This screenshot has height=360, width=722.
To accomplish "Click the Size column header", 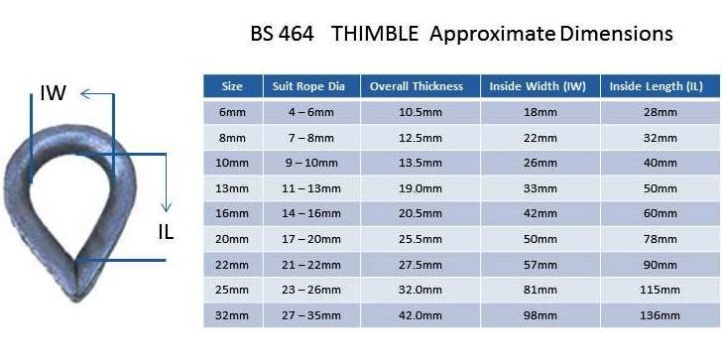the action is [x=232, y=86].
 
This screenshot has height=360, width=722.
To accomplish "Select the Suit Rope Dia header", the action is [x=308, y=86].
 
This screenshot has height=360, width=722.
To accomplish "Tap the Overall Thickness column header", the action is [x=417, y=86].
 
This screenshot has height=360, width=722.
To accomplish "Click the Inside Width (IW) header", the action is [x=538, y=86].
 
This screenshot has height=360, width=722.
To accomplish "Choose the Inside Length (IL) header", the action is [x=657, y=86].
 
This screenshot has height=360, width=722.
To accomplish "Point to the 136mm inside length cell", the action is [x=660, y=315].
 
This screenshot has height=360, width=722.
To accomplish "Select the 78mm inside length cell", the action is [x=660, y=239].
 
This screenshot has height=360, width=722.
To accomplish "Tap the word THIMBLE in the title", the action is [x=375, y=34].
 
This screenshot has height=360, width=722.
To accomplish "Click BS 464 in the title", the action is [x=282, y=34].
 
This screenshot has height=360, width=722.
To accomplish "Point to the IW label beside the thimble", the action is [x=53, y=93].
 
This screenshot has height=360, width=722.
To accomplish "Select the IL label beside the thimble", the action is [x=166, y=233].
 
